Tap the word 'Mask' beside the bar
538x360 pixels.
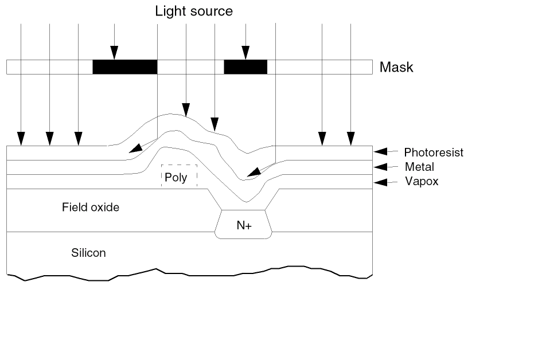(396, 68)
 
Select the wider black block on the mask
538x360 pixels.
(124, 66)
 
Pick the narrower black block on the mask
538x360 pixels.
(245, 66)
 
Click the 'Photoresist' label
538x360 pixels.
(433, 152)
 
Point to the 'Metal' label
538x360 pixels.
(419, 167)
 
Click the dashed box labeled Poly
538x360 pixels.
(179, 177)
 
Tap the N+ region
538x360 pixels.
(244, 226)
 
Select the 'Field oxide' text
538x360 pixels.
(91, 208)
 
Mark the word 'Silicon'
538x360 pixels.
(88, 253)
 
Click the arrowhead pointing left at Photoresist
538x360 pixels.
(381, 152)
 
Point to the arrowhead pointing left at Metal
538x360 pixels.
(381, 167)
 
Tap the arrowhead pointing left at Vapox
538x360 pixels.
(381, 182)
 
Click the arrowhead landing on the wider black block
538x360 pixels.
(115, 53)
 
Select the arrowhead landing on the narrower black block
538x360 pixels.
(245, 53)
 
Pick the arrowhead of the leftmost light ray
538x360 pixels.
(21, 139)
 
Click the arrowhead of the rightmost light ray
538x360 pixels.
(350, 139)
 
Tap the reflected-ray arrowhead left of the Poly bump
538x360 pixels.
(135, 149)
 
